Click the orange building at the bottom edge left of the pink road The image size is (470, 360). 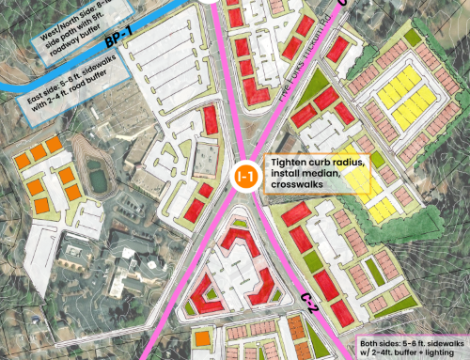coord(202,337)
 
